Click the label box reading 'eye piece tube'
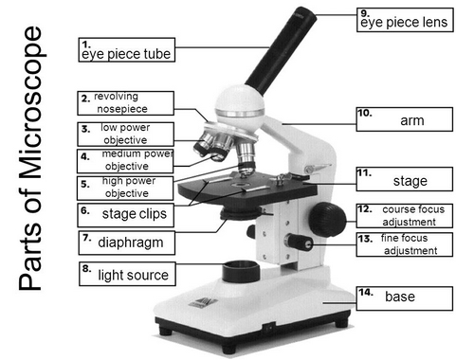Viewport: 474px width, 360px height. pyautogui.click(x=126, y=51)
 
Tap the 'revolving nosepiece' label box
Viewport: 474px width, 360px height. pyautogui.click(x=125, y=103)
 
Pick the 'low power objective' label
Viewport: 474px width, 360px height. pyautogui.click(x=124, y=134)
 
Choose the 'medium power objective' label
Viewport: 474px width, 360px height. pyautogui.click(x=125, y=160)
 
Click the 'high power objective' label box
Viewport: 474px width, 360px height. pyautogui.click(x=124, y=187)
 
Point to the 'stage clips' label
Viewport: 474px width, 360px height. pyautogui.click(x=126, y=213)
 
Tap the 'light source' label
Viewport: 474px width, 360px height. pyautogui.click(x=126, y=275)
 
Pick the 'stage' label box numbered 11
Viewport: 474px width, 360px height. pyautogui.click(x=402, y=180)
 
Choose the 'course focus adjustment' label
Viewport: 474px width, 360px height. pyautogui.click(x=402, y=215)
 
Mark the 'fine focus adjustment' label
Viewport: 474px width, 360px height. pyautogui.click(x=402, y=244)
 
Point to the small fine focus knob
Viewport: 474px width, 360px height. pyautogui.click(x=303, y=243)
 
